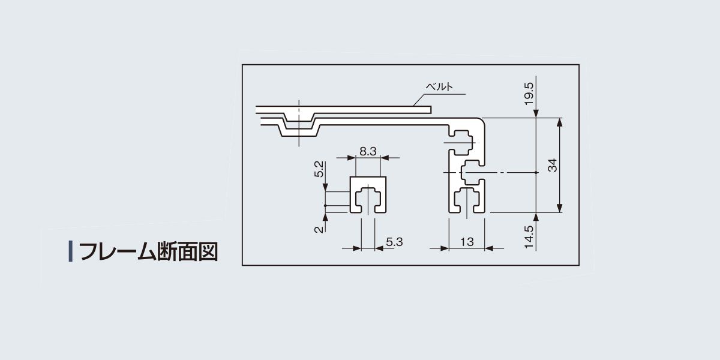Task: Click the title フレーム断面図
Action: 149,251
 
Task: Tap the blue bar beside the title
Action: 71,251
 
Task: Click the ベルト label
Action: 439,86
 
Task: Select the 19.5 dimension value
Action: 529,94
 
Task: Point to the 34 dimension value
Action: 552,165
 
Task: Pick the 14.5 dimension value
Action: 529,237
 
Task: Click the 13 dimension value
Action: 467,242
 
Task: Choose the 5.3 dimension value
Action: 394,242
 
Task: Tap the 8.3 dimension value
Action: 368,151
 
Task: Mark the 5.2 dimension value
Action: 319,169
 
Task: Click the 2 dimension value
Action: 319,229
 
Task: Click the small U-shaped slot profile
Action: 368,195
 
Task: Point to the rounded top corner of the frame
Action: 481,121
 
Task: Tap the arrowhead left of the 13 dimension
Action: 445,248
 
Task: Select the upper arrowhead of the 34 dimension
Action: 560,123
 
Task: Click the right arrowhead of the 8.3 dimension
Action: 385,158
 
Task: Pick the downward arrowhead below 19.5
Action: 536,113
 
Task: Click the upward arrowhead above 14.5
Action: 535,218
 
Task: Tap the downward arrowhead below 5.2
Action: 325,187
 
